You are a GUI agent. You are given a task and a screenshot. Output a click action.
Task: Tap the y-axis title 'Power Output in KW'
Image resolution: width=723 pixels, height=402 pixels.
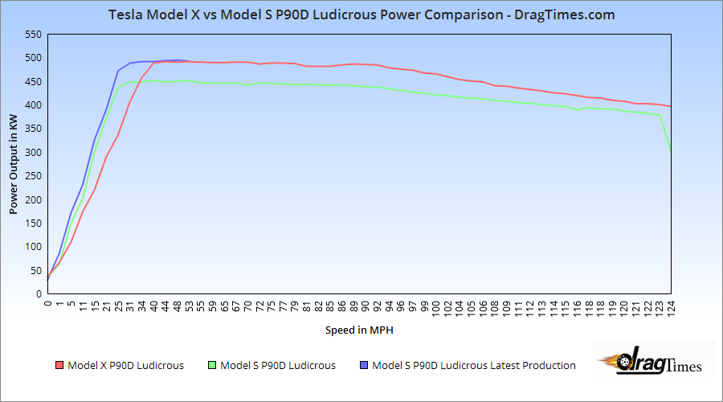[x=13, y=164]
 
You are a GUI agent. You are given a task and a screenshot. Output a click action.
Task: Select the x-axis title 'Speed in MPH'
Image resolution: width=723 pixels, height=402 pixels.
[x=359, y=330]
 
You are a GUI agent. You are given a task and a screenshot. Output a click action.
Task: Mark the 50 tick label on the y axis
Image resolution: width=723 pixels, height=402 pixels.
[x=35, y=271]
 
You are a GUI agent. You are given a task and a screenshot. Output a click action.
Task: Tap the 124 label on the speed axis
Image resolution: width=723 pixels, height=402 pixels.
[x=671, y=308]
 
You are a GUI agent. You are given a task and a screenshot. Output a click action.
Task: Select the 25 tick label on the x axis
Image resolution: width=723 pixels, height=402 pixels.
[x=118, y=306]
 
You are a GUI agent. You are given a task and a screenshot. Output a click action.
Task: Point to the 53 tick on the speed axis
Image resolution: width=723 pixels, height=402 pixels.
[x=189, y=306]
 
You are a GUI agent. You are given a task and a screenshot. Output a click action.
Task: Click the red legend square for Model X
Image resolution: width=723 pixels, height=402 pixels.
[x=59, y=366]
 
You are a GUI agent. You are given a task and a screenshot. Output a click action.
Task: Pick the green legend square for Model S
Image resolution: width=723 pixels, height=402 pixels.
[x=212, y=366]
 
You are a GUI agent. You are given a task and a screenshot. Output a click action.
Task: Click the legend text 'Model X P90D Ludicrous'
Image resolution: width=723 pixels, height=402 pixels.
[x=125, y=366]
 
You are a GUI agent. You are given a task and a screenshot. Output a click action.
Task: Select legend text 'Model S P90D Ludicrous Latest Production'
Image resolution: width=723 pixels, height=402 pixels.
[x=474, y=366]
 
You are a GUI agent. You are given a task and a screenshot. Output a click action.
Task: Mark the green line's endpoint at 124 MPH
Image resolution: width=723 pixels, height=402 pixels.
[x=671, y=151]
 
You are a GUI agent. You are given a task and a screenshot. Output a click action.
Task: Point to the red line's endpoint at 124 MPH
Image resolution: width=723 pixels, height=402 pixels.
[x=671, y=107]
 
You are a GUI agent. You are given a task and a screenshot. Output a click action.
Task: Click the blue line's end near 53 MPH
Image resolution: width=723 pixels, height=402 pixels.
[x=189, y=61]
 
